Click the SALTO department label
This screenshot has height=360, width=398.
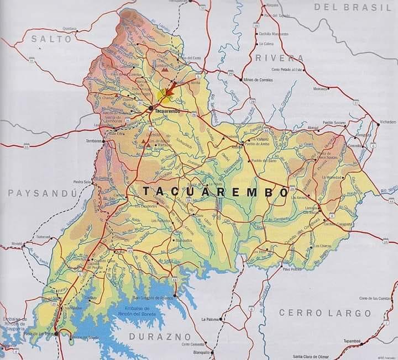click(x=51, y=39)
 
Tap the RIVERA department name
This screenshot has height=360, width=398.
click(x=280, y=59)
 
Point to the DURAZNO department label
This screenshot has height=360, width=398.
click(x=160, y=336)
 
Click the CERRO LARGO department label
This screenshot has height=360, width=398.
click(x=324, y=313)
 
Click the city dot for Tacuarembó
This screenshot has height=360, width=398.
click(x=150, y=109)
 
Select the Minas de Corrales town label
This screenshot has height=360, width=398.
click(x=259, y=80)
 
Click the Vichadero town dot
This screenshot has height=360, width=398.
click(x=378, y=124)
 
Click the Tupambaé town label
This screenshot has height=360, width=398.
click(x=353, y=341)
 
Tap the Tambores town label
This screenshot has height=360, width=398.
click(x=94, y=141)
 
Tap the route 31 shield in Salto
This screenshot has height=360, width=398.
click(x=32, y=61)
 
